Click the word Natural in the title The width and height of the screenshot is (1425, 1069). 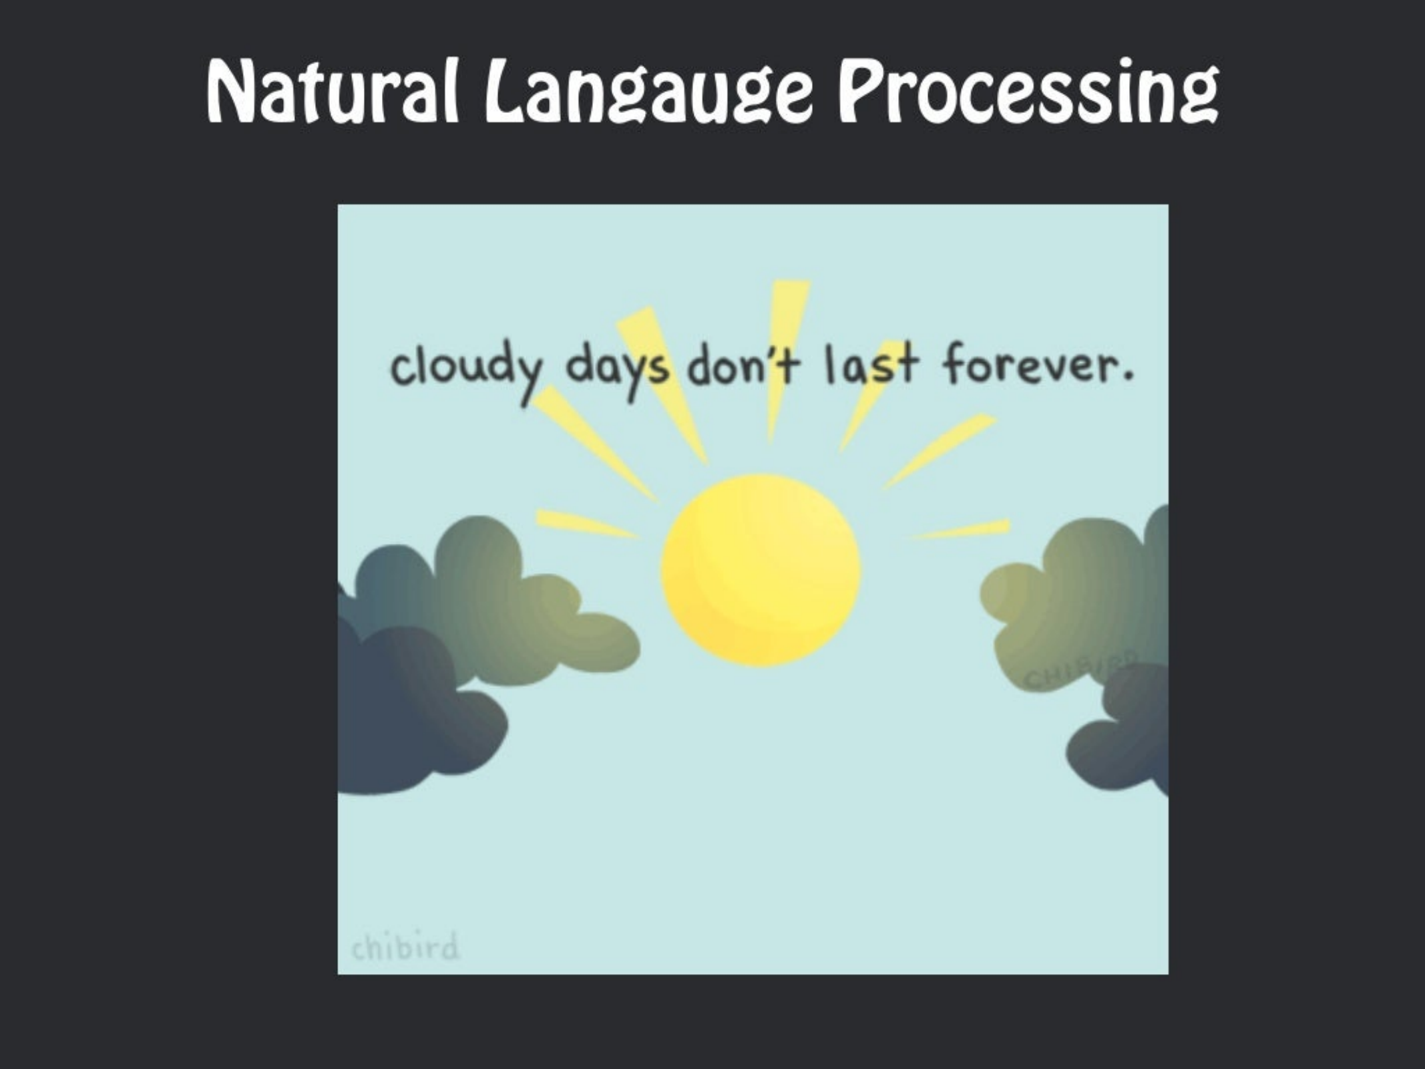[x=333, y=92]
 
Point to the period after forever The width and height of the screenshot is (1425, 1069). [x=1128, y=376]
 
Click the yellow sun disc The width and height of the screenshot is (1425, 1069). [x=761, y=570]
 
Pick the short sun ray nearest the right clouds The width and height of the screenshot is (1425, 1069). [x=962, y=529]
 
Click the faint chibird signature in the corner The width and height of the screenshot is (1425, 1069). [x=405, y=947]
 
